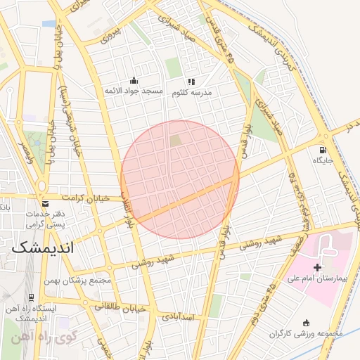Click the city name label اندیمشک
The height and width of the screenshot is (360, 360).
[44, 248]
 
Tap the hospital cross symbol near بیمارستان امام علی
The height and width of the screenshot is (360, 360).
[317, 267]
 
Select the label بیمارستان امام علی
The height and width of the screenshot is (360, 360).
[316, 280]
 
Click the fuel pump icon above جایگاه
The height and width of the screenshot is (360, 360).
[323, 149]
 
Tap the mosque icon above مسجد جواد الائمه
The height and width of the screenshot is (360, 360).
[134, 81]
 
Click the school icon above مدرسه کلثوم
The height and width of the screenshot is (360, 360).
[191, 82]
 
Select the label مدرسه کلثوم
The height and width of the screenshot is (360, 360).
[191, 92]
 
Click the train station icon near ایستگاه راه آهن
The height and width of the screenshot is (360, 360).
[31, 297]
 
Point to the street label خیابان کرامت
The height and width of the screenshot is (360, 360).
[86, 198]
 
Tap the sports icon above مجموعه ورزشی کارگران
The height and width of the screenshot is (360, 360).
[306, 322]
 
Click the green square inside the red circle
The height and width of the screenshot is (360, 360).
[174, 141]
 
